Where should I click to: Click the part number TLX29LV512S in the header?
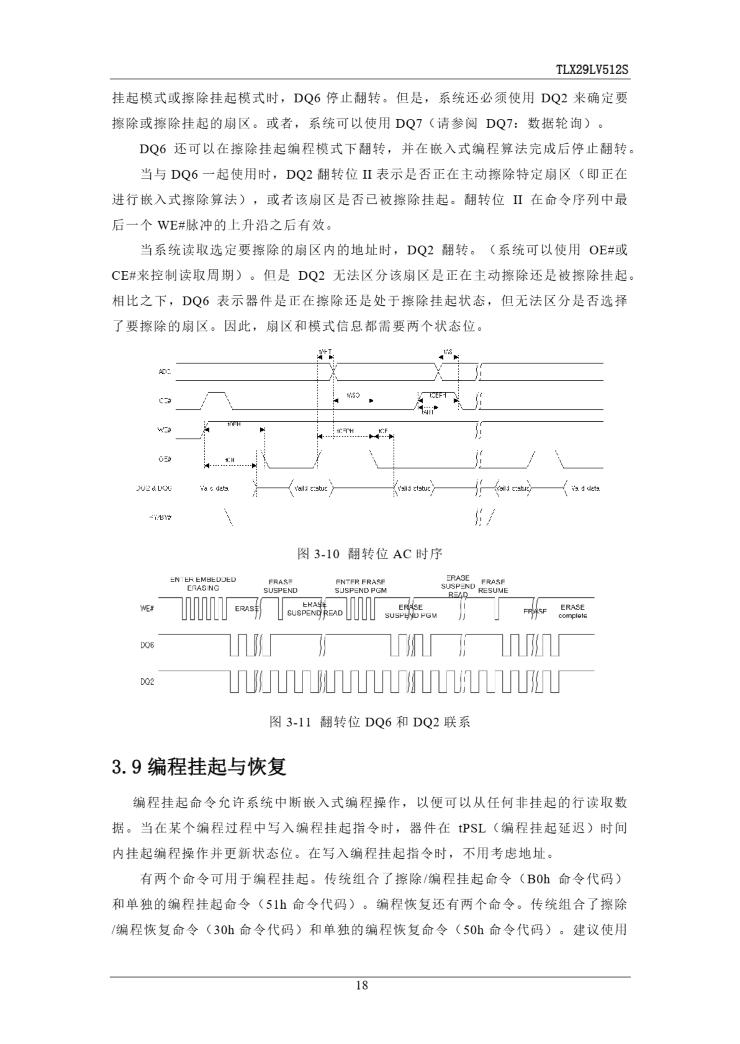[x=591, y=70]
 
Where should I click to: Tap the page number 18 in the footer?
[x=361, y=986]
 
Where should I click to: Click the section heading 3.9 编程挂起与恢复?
[x=199, y=767]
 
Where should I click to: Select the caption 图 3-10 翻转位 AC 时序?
[x=369, y=554]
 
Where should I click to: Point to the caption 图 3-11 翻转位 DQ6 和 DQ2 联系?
[x=369, y=722]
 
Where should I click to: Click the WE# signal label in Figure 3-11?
[x=146, y=609]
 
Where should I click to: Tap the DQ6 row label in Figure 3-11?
[x=147, y=645]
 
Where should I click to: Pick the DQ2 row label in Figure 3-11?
[x=147, y=682]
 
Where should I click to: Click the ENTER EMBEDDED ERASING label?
[x=203, y=584]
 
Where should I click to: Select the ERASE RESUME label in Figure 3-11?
[x=493, y=586]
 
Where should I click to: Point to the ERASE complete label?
[x=572, y=611]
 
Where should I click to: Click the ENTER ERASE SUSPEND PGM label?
[x=360, y=586]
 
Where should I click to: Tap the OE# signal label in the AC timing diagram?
[x=164, y=459]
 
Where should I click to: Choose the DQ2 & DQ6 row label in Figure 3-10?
[x=154, y=488]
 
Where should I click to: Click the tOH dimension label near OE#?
[x=230, y=460]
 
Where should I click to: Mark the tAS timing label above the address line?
[x=447, y=352]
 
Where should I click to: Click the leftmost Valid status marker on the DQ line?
[x=311, y=488]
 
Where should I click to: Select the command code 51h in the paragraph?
[x=276, y=904]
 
